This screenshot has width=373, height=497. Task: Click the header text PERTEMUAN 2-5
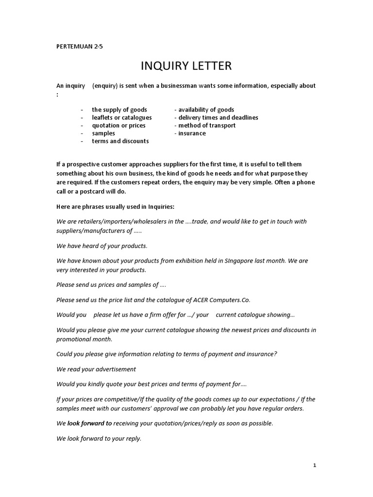(x=80, y=47)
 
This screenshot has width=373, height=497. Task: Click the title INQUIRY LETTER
(x=186, y=66)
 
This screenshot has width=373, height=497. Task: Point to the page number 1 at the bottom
(x=315, y=465)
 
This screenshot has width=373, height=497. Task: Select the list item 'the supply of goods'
(x=119, y=110)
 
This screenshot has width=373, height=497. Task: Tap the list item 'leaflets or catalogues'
(x=122, y=117)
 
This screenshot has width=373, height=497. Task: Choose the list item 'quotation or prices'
(x=119, y=125)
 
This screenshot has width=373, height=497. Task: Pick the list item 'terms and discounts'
(x=120, y=141)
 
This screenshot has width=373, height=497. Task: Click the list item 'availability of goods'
(x=204, y=110)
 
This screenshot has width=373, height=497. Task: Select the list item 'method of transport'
(x=205, y=125)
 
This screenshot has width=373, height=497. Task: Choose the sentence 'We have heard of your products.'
(x=102, y=246)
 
